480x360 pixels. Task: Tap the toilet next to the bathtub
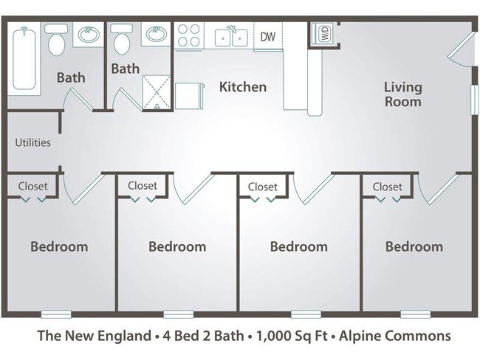pos(57,40)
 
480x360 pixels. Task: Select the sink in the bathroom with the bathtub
pos(89,34)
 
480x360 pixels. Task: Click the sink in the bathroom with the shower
pos(156,34)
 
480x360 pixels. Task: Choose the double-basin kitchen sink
pos(230,36)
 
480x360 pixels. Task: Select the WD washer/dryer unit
pos(323,33)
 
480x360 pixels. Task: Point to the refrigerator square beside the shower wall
pos(188,96)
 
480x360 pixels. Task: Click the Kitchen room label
pos(242,87)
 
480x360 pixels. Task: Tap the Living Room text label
pos(402,94)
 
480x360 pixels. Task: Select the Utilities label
pos(33,142)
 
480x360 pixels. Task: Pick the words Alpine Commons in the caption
pos(404,337)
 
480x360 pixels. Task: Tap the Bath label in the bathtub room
pos(71,77)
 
